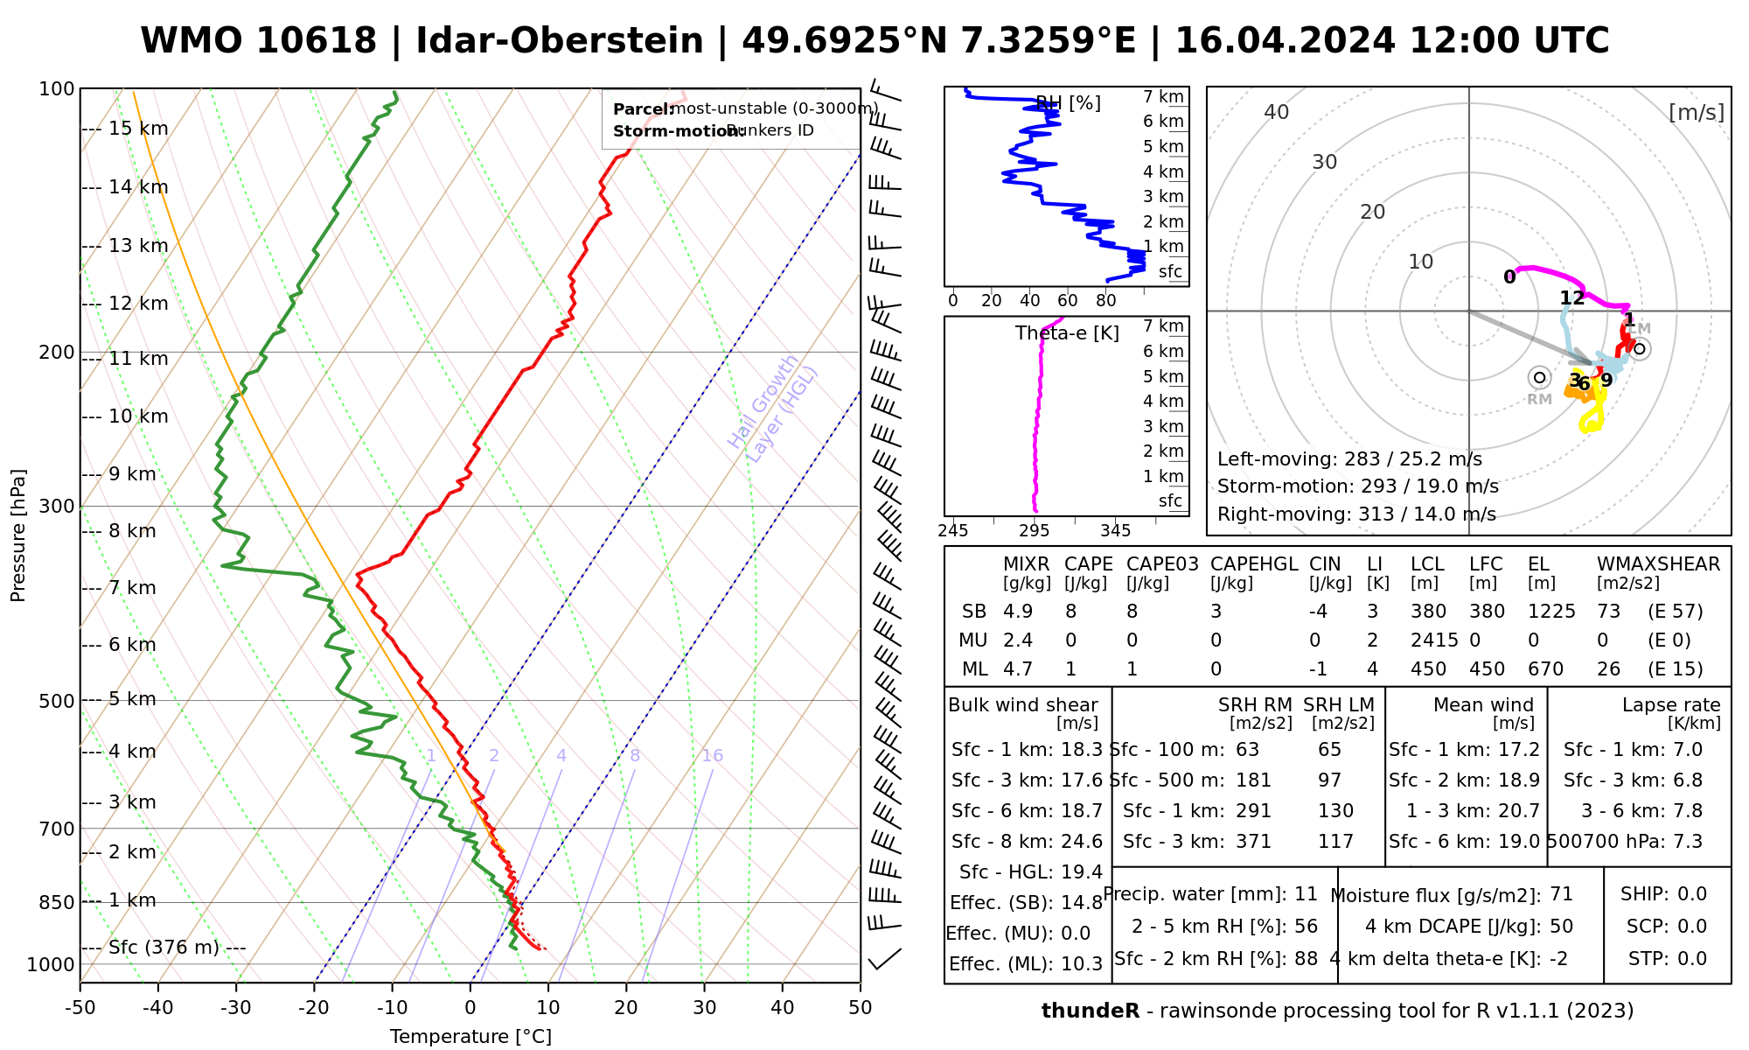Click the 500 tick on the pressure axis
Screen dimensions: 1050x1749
[x=59, y=701]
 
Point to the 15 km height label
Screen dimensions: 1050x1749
[x=138, y=129]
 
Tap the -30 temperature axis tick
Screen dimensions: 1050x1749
[x=236, y=1008]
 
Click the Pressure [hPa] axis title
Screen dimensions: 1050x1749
[x=18, y=535]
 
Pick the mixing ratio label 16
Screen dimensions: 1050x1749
[x=712, y=756]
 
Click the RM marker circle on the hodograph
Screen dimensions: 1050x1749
[x=1539, y=378]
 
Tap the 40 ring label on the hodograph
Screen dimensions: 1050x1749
[x=1277, y=112]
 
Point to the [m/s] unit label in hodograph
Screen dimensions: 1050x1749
[x=1696, y=113]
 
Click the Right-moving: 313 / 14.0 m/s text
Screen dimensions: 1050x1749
[x=1356, y=514]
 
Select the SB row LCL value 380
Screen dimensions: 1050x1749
[x=1428, y=612]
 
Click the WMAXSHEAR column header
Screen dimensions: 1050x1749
[x=1658, y=564]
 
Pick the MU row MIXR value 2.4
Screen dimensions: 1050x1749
[x=1017, y=640]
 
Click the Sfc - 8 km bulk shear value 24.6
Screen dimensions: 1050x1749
[x=1082, y=842]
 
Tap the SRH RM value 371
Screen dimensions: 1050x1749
[x=1253, y=842]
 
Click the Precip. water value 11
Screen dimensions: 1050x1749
[x=1306, y=894]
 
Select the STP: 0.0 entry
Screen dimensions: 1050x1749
[x=1667, y=959]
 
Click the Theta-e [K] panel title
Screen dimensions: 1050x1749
[x=1067, y=333]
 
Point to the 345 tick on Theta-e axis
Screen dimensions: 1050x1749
[x=1115, y=531]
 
